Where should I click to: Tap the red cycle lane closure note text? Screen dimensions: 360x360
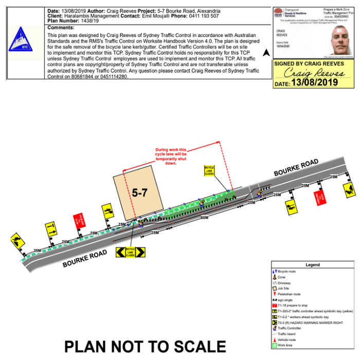click(x=171, y=156)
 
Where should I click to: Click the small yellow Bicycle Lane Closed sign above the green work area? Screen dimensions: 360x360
click(x=209, y=171)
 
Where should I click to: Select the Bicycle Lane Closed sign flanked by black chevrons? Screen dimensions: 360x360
click(x=130, y=252)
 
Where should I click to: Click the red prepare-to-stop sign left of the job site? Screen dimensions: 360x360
click(x=78, y=221)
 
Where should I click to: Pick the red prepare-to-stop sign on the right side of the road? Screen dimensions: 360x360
click(x=322, y=197)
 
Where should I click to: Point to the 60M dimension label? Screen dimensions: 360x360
click(x=205, y=218)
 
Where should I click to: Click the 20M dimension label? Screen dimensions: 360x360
click(x=251, y=203)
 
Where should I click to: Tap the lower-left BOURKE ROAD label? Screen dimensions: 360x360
click(x=85, y=259)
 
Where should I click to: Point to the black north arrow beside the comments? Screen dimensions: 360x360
click(x=266, y=52)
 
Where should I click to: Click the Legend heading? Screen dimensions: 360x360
click(x=313, y=265)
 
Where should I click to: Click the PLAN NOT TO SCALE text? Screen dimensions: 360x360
click(x=145, y=346)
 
